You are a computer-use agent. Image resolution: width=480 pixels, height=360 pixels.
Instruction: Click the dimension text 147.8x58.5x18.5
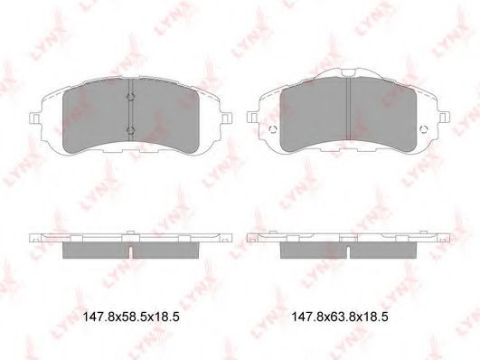[x=131, y=317]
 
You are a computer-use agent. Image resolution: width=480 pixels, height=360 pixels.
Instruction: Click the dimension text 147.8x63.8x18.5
[x=340, y=317]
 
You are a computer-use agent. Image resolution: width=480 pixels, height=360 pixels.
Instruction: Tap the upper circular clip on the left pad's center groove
[x=131, y=97]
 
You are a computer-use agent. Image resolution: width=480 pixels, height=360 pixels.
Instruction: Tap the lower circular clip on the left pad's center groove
[x=131, y=130]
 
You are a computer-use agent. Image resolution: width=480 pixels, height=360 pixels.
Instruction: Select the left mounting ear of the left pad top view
[x=34, y=118]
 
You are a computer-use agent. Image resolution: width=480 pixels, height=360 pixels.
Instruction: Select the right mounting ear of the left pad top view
[x=227, y=118]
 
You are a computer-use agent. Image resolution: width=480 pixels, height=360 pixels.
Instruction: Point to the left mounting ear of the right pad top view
[x=252, y=118]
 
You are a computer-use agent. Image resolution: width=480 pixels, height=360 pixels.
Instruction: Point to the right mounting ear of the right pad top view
[x=445, y=118]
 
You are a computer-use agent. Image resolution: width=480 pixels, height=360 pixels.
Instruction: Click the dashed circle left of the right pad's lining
[x=273, y=129]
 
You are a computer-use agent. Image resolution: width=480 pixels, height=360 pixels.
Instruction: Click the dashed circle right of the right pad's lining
[x=424, y=129]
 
